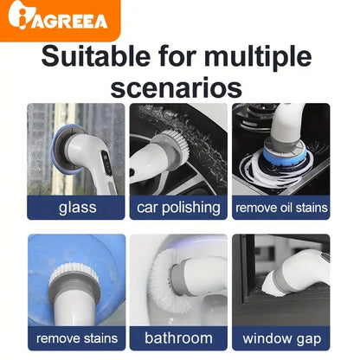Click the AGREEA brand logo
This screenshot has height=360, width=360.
click(59, 20)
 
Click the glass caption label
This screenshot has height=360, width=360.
click(77, 208)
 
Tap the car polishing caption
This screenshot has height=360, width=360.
click(178, 208)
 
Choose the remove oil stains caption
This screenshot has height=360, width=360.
click(281, 208)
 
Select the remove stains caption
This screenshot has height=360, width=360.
click(77, 338)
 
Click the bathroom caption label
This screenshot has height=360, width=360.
click(178, 338)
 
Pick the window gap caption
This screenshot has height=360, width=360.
click(281, 338)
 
